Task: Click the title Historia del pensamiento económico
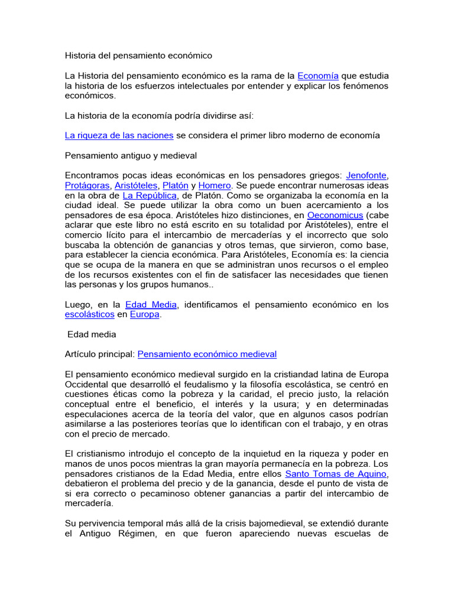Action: (138, 56)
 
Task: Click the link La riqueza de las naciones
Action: (119, 135)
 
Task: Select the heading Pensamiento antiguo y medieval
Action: (130, 155)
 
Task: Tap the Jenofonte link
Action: (367, 175)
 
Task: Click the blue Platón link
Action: (176, 186)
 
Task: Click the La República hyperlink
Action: (150, 195)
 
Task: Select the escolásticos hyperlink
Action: (89, 315)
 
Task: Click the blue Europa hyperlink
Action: (145, 315)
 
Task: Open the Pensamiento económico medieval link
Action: (207, 354)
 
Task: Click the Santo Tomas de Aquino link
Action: (336, 474)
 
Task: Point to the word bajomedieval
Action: (315, 523)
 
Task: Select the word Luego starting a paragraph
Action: (78, 305)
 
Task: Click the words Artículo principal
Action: (99, 354)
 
